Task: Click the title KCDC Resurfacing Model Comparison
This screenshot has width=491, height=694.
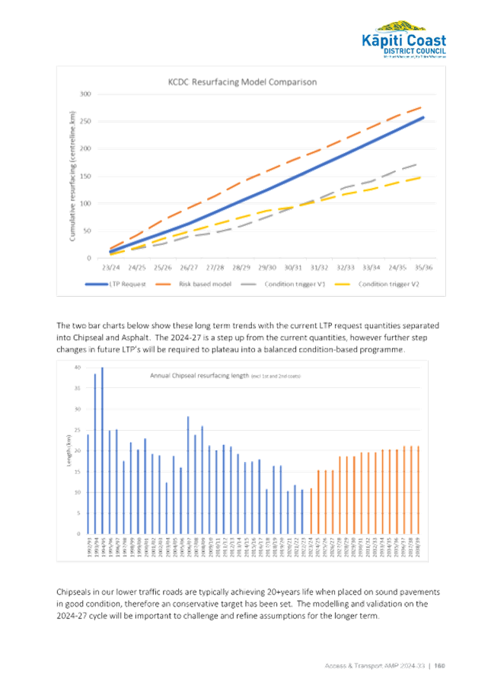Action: (x=242, y=81)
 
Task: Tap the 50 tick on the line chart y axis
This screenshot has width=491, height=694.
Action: (x=88, y=231)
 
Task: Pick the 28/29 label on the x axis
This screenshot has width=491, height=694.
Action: (x=241, y=268)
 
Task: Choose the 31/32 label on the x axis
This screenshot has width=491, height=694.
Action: (x=318, y=268)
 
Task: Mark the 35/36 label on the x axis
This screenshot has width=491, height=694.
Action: (x=422, y=268)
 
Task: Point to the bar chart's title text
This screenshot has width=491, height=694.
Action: (x=225, y=375)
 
